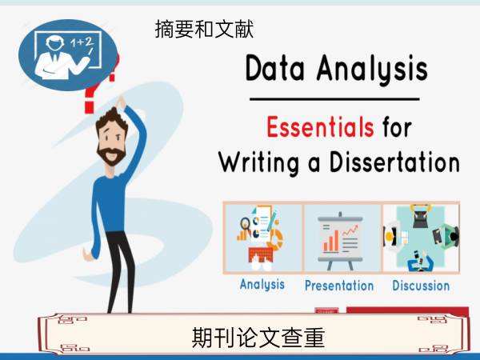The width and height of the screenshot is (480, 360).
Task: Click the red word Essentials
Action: (320, 126)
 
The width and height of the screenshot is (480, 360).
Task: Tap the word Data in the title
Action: (275, 68)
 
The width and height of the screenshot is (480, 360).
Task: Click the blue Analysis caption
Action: (262, 285)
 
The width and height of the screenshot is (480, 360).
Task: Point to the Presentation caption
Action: (339, 286)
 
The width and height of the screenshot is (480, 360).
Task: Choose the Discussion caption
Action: (421, 286)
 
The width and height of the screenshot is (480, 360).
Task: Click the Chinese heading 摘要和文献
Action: (204, 29)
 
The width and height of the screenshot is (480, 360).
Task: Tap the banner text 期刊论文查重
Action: (258, 338)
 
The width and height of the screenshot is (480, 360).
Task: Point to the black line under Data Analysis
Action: (334, 99)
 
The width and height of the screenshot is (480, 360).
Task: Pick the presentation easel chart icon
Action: (341, 241)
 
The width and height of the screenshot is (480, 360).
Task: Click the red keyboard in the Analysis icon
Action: (261, 254)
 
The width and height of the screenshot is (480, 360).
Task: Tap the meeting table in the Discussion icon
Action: (420, 236)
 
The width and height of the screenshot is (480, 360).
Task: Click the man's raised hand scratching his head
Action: (121, 102)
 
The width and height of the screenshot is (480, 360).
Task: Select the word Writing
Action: (258, 162)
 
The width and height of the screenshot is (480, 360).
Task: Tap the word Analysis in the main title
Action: (372, 69)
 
